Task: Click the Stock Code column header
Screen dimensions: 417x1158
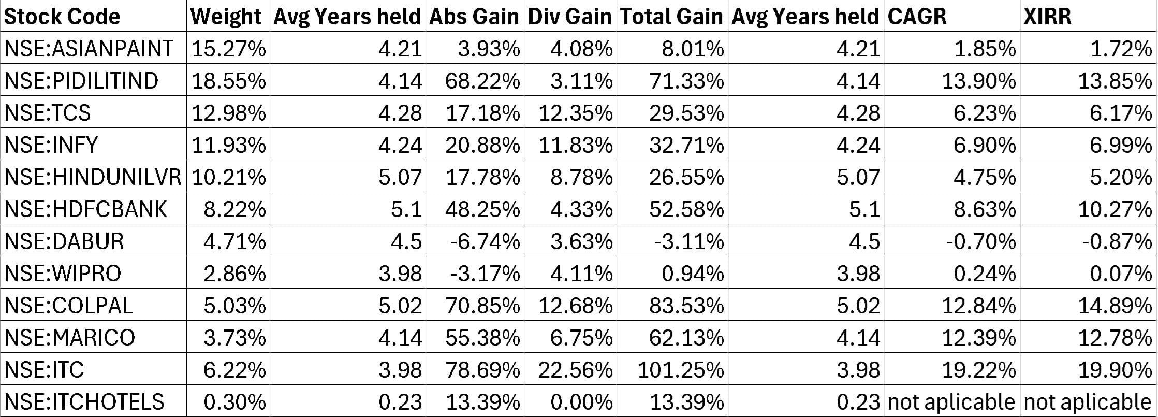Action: tap(62, 17)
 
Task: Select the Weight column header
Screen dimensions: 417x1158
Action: tap(226, 17)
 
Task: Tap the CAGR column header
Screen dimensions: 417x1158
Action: tap(917, 17)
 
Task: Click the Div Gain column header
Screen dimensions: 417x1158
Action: tap(569, 17)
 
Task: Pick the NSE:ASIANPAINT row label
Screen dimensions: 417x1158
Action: tap(89, 49)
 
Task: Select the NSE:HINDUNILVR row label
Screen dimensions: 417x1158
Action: tap(93, 177)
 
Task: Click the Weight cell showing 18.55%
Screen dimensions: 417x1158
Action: tap(229, 81)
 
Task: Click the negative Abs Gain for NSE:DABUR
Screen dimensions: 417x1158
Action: tap(485, 241)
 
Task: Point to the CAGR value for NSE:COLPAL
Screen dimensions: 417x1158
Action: tap(978, 306)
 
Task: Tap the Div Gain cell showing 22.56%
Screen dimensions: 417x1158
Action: tap(575, 370)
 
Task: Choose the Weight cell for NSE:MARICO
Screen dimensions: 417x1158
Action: tap(234, 338)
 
